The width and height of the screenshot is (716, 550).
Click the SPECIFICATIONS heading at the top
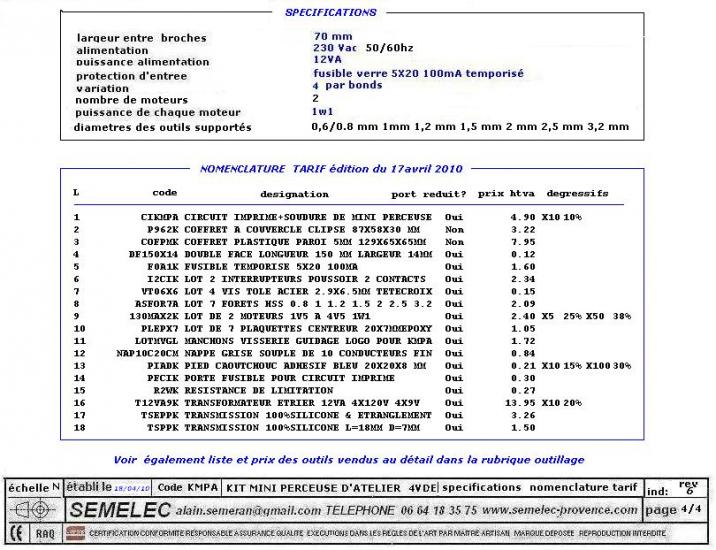[330, 13]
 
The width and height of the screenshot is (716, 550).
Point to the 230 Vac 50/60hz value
[364, 48]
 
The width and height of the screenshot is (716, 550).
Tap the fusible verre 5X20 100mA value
[418, 74]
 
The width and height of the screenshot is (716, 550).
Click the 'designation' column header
[294, 194]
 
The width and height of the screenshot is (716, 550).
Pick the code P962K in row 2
[162, 229]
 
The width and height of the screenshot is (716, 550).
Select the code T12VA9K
[156, 401]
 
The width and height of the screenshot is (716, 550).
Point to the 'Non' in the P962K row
[454, 229]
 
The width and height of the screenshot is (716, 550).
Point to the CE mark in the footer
[15, 534]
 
